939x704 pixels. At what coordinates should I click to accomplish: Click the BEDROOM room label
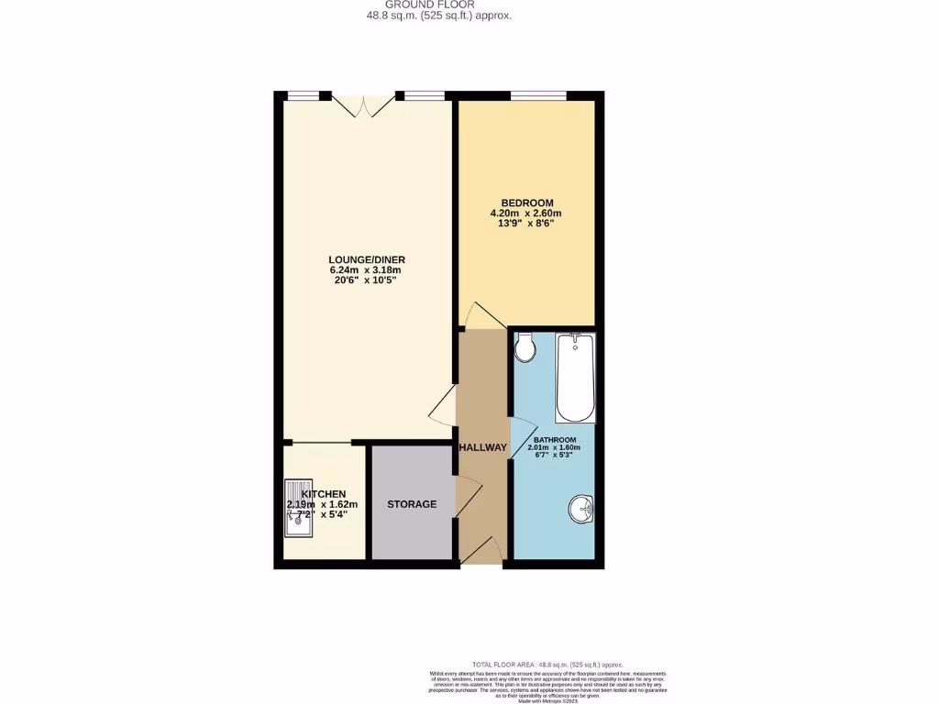pyautogui.click(x=526, y=203)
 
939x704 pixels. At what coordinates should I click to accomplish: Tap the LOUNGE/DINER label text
pyautogui.click(x=367, y=259)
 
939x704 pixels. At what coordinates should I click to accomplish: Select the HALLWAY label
pyautogui.click(x=482, y=447)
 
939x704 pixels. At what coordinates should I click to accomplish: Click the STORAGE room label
pyautogui.click(x=412, y=504)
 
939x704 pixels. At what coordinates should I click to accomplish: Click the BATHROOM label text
pyautogui.click(x=557, y=439)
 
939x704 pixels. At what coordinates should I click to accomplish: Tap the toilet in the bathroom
pyautogui.click(x=525, y=347)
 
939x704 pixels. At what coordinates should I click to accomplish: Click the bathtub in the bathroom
pyautogui.click(x=576, y=377)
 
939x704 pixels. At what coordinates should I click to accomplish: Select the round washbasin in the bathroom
pyautogui.click(x=581, y=509)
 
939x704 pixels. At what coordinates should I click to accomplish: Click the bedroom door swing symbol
pyautogui.click(x=482, y=316)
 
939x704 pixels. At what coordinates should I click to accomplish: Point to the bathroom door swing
pyautogui.click(x=523, y=433)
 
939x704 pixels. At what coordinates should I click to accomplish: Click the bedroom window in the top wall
pyautogui.click(x=538, y=95)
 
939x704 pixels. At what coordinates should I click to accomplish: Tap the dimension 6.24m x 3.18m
pyautogui.click(x=365, y=270)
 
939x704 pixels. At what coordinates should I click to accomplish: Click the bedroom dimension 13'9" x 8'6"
pyautogui.click(x=526, y=223)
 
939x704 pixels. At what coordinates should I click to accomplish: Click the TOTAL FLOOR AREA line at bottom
pyautogui.click(x=547, y=665)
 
